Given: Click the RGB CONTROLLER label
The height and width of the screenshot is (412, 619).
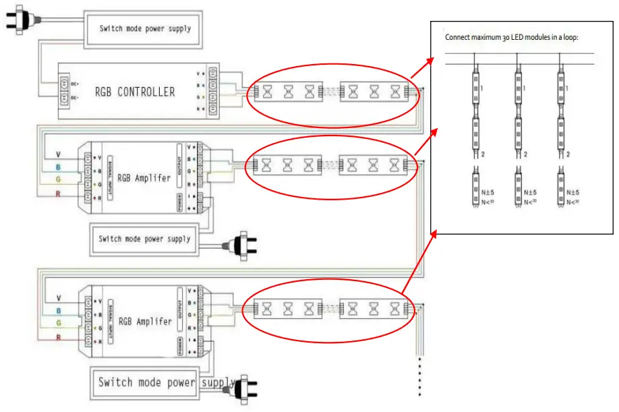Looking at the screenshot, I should [134, 92].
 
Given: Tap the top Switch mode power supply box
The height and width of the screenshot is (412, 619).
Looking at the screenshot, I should [145, 28].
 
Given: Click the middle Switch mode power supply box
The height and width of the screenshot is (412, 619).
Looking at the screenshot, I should [144, 239].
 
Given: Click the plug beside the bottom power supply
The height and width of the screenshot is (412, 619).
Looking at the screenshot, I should [245, 386].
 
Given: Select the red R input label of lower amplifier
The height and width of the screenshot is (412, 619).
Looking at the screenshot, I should [59, 337].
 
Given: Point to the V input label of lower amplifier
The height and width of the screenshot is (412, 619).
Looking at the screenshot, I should [59, 298].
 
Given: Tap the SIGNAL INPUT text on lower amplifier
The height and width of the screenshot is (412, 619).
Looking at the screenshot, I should [109, 317].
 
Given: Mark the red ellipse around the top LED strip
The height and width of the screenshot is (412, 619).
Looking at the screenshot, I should [333, 70].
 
